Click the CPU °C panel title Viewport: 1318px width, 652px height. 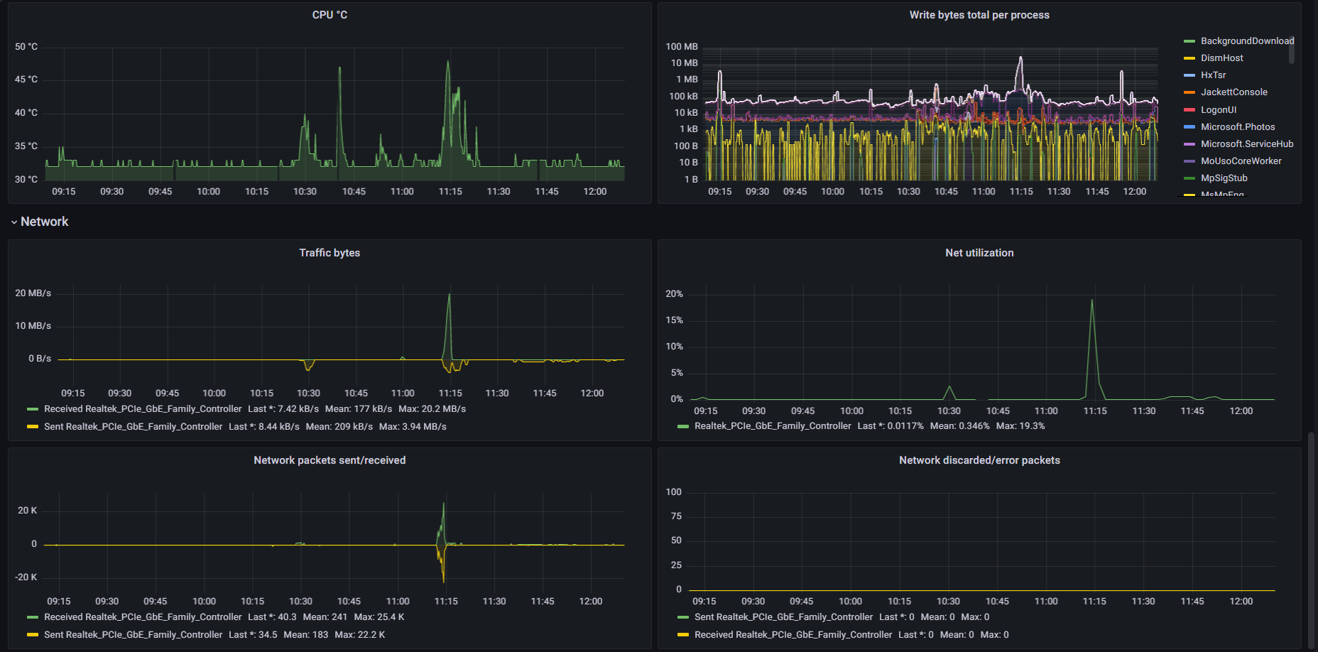click(x=329, y=15)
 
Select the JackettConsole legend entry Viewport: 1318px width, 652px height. click(x=1233, y=92)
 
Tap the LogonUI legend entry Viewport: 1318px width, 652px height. click(x=1218, y=109)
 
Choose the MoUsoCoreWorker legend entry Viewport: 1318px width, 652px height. click(x=1241, y=161)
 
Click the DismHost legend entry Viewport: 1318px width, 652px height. click(x=1221, y=58)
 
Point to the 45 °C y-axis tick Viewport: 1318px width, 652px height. click(x=26, y=80)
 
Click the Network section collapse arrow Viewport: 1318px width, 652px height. click(x=14, y=222)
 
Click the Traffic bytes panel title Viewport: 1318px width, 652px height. click(x=329, y=253)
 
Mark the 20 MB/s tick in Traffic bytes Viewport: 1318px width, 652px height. click(x=33, y=293)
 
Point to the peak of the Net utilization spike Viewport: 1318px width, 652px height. click(x=1091, y=300)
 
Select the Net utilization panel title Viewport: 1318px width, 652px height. click(x=979, y=253)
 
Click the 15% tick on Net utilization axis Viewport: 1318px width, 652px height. click(x=674, y=320)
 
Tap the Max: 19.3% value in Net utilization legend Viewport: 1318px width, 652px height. click(x=1020, y=426)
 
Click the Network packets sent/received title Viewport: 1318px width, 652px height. click(x=329, y=460)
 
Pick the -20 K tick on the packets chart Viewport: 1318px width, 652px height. click(x=26, y=577)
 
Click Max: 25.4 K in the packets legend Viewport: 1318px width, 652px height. click(x=379, y=617)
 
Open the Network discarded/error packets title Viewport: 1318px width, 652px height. click(x=979, y=460)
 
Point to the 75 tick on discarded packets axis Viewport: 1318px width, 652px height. click(x=676, y=516)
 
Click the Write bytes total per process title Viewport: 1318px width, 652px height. click(x=979, y=15)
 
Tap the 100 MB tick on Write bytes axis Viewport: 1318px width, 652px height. click(x=682, y=47)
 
